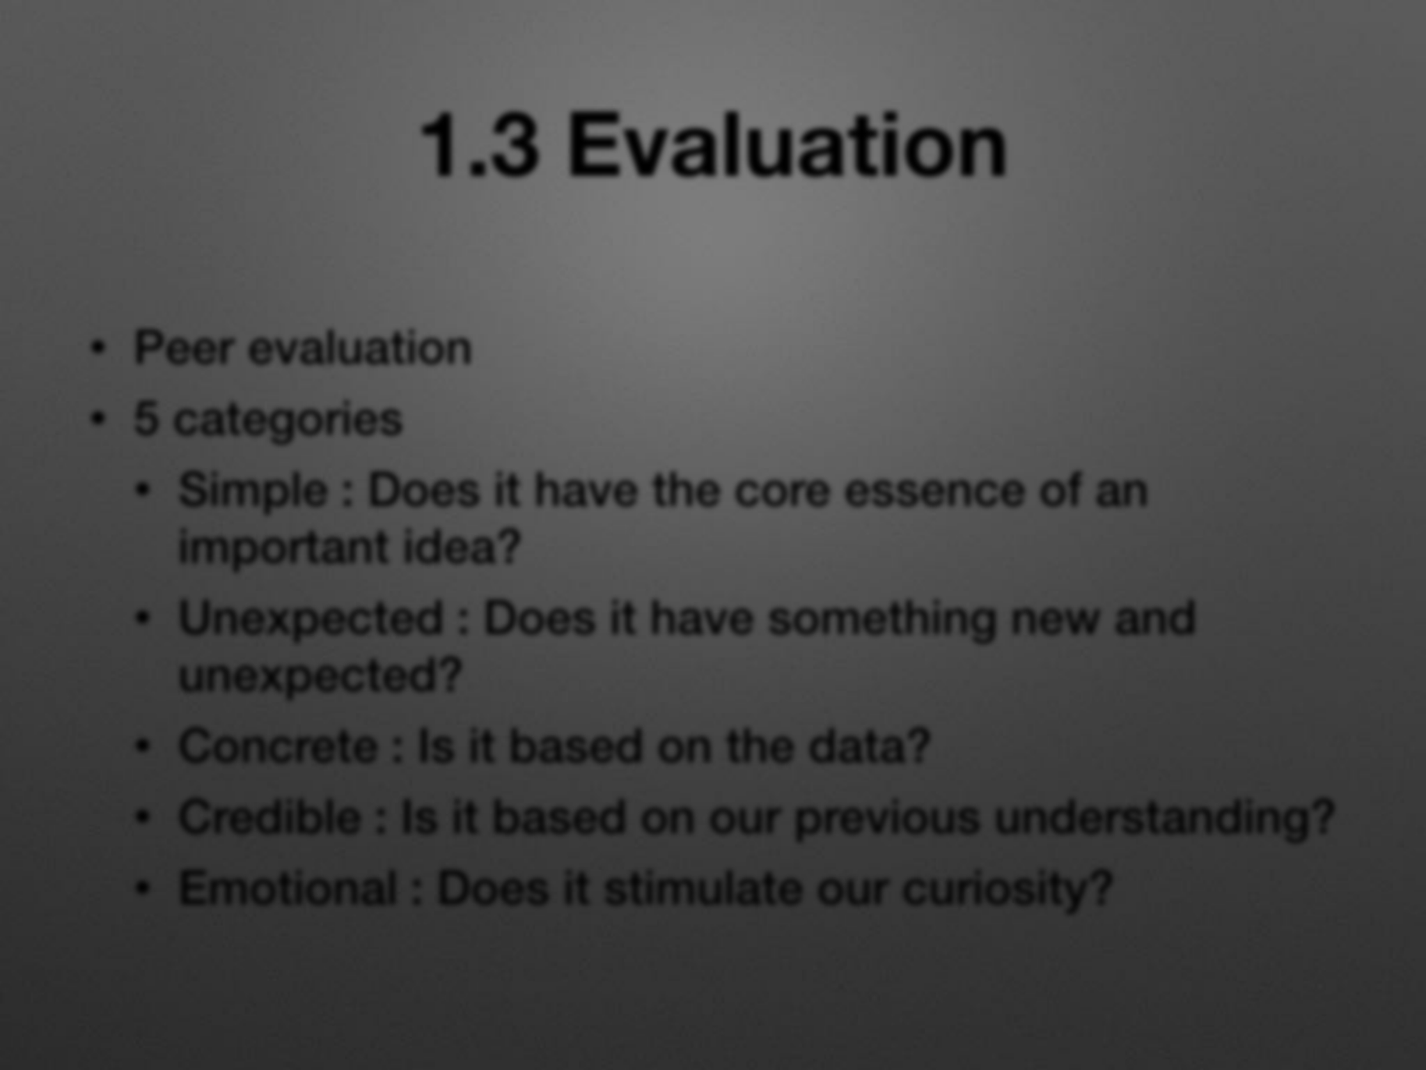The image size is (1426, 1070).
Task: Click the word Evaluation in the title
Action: [x=788, y=146]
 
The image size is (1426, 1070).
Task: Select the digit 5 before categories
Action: [x=146, y=419]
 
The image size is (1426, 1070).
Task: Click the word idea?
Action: [x=462, y=547]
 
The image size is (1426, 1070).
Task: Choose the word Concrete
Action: [x=278, y=746]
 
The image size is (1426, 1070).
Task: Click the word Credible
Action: [x=270, y=816]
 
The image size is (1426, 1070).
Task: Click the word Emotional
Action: [x=288, y=888]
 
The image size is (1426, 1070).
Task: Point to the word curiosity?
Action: [x=1008, y=890]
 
